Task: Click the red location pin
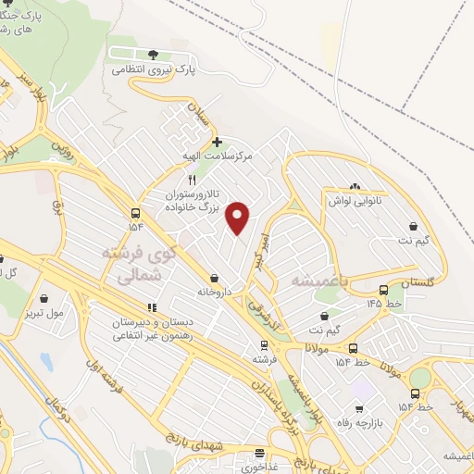(x=239, y=218)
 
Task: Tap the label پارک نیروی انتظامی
(x=154, y=69)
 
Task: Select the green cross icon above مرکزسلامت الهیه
(x=218, y=143)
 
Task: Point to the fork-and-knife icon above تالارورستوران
(x=192, y=180)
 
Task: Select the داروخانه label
(x=215, y=292)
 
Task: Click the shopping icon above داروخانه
(x=215, y=278)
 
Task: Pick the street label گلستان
(x=419, y=281)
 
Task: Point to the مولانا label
(x=319, y=347)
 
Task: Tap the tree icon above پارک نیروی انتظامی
(x=154, y=54)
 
